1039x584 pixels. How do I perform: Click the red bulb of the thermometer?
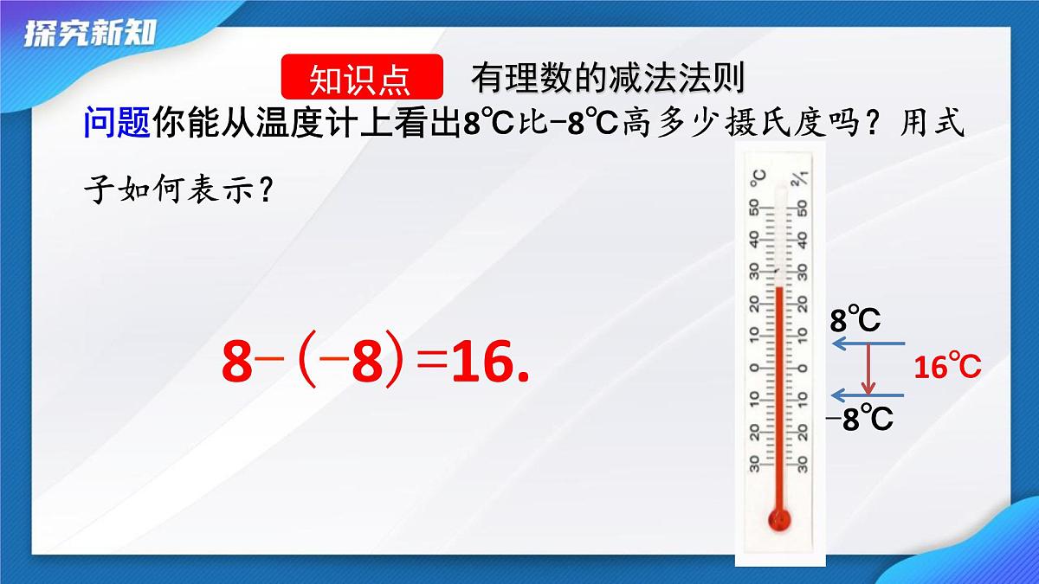coord(779,519)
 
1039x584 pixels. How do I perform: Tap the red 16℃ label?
coord(947,368)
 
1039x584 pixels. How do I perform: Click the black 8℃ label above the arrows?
coord(855,321)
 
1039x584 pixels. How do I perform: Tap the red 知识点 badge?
coord(362,79)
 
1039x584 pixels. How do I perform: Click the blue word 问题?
coord(117,124)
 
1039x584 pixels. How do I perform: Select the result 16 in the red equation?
coord(481,363)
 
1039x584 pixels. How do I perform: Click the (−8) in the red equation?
coord(353,363)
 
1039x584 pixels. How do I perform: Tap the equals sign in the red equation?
coord(431,363)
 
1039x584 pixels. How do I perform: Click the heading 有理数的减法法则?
coord(608,79)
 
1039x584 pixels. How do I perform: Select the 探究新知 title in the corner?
coord(90,33)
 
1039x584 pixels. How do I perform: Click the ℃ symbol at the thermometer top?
coord(758,178)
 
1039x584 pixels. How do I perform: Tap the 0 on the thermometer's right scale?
coord(803,367)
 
